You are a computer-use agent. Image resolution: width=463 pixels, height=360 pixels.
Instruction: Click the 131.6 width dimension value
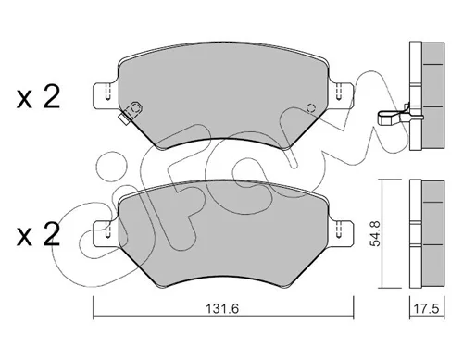(x=222, y=308)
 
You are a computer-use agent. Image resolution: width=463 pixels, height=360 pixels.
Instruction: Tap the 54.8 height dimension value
(x=376, y=233)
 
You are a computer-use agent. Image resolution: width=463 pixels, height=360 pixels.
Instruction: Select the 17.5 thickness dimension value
(x=426, y=308)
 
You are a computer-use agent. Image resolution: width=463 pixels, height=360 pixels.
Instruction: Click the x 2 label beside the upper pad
(x=38, y=97)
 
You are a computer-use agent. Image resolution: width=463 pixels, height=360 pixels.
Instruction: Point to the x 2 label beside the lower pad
(x=38, y=234)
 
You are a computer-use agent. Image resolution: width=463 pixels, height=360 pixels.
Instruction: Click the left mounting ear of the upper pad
(x=105, y=95)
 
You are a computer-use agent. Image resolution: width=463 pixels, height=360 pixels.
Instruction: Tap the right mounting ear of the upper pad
(x=341, y=95)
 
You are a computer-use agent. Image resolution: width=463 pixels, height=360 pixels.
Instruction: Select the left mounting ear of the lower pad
(x=105, y=233)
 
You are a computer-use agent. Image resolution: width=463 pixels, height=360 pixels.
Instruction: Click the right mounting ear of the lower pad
(x=341, y=233)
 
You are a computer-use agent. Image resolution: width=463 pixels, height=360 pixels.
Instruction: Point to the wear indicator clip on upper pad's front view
(x=131, y=113)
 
